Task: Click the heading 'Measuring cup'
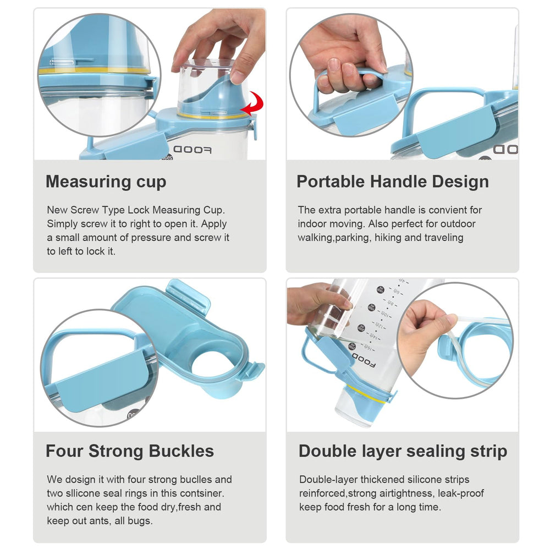pyautogui.click(x=106, y=182)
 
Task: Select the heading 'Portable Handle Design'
pyautogui.click(x=393, y=182)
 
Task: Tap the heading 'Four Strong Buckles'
pyautogui.click(x=130, y=451)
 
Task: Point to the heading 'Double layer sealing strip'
pyautogui.click(x=403, y=452)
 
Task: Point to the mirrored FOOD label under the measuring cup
pyautogui.click(x=193, y=150)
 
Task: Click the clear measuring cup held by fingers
pyautogui.click(x=206, y=86)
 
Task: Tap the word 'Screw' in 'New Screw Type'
pyautogui.click(x=85, y=210)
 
